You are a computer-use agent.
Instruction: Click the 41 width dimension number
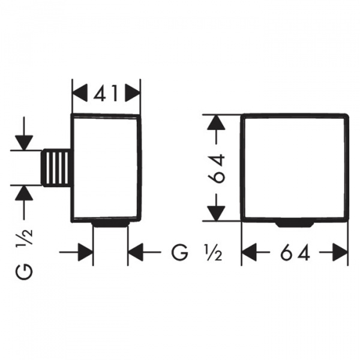pyautogui.click(x=106, y=93)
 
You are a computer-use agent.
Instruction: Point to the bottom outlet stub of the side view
pyautogui.click(x=110, y=224)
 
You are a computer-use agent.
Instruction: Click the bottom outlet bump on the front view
pyautogui.click(x=294, y=223)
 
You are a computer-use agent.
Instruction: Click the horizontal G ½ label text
pyautogui.click(x=195, y=252)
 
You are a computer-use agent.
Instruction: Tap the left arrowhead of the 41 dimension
pyautogui.click(x=80, y=93)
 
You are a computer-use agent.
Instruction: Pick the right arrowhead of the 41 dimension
pyautogui.click(x=133, y=93)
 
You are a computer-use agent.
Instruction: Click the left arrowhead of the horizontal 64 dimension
pyautogui.click(x=249, y=252)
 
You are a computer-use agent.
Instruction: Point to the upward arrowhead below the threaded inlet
pyautogui.click(x=24, y=191)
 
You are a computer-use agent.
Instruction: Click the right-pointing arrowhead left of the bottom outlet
pyautogui.click(x=86, y=252)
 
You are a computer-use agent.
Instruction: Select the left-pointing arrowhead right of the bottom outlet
pyautogui.click(x=136, y=252)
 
